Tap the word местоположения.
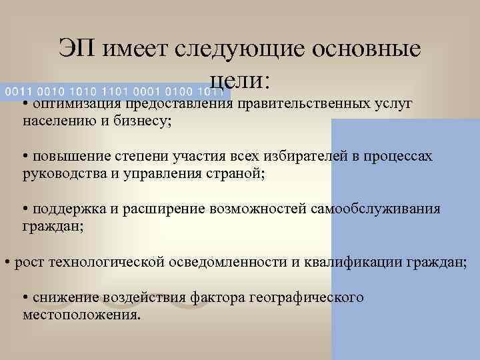(x=81, y=313)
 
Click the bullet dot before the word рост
(x=7, y=261)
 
